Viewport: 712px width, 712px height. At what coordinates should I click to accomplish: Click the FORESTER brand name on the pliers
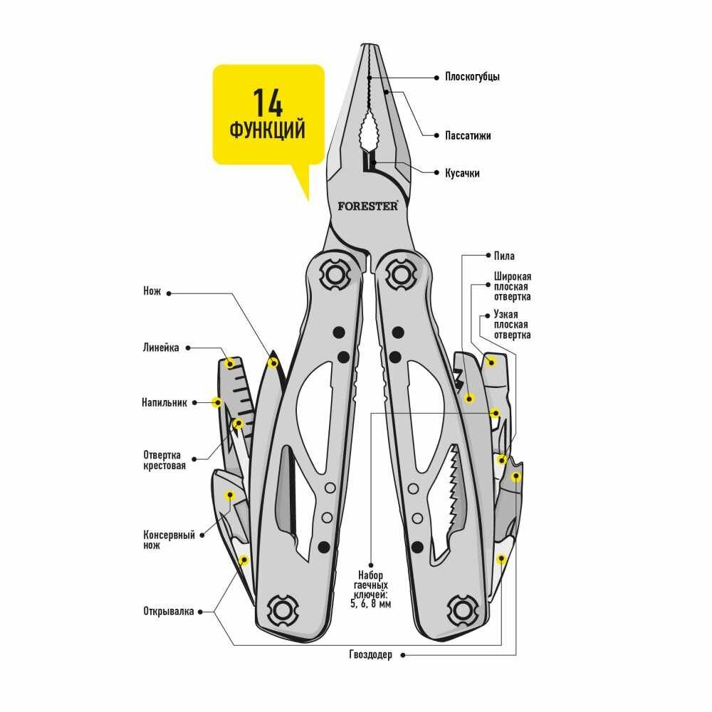[x=368, y=205]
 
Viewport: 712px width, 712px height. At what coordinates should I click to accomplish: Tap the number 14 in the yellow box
[x=267, y=104]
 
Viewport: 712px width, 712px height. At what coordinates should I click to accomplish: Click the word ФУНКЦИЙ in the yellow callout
[x=268, y=130]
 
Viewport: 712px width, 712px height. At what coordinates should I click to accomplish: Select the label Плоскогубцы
[x=472, y=77]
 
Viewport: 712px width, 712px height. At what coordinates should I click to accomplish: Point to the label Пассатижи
[x=468, y=135]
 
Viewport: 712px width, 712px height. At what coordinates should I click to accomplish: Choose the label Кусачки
[x=462, y=173]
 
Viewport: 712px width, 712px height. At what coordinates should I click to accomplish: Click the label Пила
[x=503, y=256]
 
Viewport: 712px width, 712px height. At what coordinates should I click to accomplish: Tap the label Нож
[x=152, y=291]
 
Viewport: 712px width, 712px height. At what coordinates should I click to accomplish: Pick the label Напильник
[x=164, y=402]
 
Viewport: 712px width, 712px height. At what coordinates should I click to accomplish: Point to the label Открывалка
[x=168, y=611]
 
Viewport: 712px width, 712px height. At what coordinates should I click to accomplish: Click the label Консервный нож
[x=169, y=540]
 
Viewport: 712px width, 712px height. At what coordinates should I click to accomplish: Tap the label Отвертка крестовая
[x=164, y=461]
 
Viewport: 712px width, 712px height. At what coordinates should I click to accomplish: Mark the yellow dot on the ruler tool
[x=229, y=364]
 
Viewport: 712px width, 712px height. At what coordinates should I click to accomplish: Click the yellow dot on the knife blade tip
[x=272, y=362]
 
